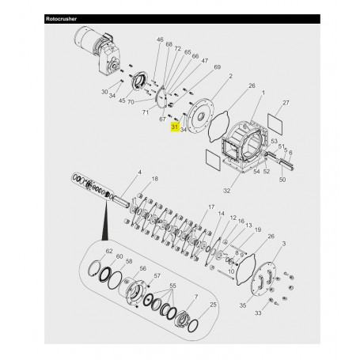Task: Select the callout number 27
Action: tap(286, 103)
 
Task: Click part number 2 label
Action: tap(229, 77)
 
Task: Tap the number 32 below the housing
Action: tap(228, 191)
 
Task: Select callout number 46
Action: tap(160, 40)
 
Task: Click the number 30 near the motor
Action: tap(105, 93)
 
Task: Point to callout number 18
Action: tap(154, 180)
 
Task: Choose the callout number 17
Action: tap(211, 207)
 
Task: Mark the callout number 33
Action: tap(279, 314)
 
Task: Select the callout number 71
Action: tap(145, 113)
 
